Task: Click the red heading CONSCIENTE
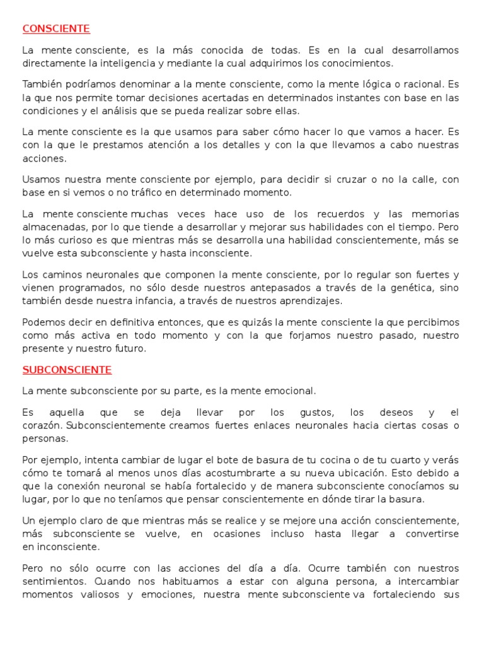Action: (56, 29)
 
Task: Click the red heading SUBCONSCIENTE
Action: (67, 370)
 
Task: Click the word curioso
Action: (89, 240)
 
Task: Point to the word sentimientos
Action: (49, 581)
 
